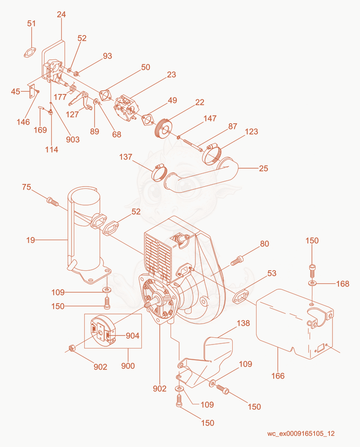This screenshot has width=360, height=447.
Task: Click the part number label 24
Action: point(61,14)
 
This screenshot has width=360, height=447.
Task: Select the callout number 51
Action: point(31,23)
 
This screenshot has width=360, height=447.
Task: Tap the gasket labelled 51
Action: point(30,53)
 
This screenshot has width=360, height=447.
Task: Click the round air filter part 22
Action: point(163,128)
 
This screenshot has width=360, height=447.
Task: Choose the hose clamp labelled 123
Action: point(213,154)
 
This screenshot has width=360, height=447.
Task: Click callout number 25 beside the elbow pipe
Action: point(263,169)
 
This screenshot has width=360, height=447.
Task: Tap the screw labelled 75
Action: point(52,201)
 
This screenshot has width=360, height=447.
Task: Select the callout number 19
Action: point(31,240)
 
